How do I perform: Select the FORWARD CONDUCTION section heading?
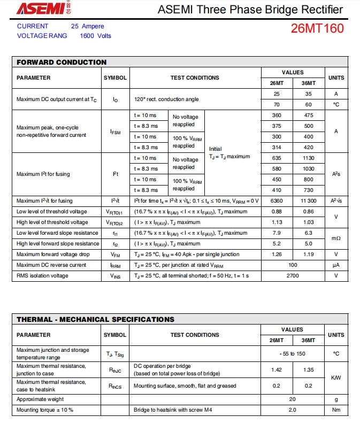point(62,62)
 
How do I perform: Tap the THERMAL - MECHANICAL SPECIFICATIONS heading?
point(95,319)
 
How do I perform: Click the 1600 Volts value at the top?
point(96,36)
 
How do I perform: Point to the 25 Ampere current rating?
point(88,26)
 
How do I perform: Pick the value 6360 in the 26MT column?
point(277,201)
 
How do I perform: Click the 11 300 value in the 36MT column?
point(308,201)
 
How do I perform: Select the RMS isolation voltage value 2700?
point(293,276)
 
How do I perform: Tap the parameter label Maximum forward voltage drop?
point(53,254)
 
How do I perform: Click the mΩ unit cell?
point(336,238)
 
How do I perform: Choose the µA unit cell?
point(336,265)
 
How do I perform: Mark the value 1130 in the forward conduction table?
point(308,158)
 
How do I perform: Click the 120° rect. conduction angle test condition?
point(166,99)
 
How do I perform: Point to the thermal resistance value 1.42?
point(277,370)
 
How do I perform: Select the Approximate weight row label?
point(40,399)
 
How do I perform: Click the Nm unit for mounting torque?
point(336,410)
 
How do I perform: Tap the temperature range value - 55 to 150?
point(293,354)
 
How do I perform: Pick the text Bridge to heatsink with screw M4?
point(173,410)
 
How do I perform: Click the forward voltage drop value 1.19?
point(308,254)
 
